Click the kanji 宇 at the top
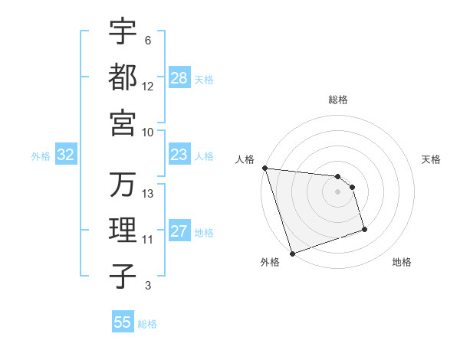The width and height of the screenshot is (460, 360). [x=123, y=31]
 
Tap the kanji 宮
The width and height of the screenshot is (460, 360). [x=123, y=122]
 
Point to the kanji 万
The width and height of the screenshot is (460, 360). [x=123, y=185]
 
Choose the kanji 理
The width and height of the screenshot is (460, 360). [x=123, y=230]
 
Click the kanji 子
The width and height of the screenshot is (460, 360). [x=123, y=275]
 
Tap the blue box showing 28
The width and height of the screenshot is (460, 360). [x=179, y=78]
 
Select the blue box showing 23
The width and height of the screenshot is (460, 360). [x=179, y=155]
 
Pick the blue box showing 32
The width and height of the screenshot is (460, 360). [x=65, y=155]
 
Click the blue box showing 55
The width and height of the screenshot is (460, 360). [x=123, y=322]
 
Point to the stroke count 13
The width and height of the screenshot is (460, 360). [x=148, y=194]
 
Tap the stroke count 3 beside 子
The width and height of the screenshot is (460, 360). [x=147, y=286]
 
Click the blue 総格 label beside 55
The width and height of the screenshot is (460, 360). [x=147, y=324]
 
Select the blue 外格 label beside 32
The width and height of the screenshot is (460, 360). [x=41, y=156]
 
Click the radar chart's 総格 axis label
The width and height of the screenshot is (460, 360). [x=338, y=100]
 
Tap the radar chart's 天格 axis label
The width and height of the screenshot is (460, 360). [x=431, y=159]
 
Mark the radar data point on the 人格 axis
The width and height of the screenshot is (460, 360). [x=264, y=167]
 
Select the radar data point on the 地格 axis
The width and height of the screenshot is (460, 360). [x=364, y=229]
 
